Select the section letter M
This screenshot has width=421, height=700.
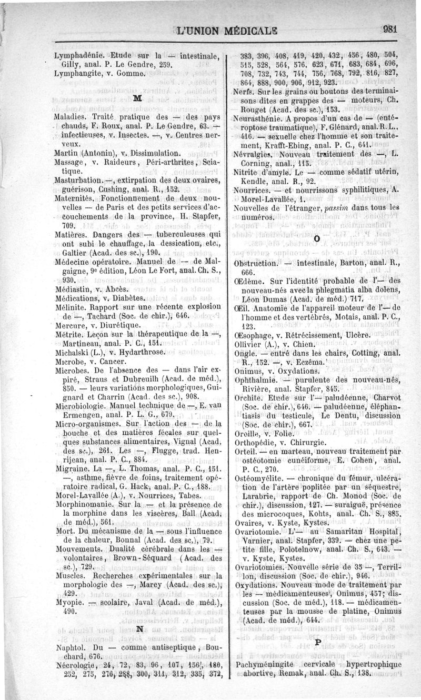(x=137, y=98)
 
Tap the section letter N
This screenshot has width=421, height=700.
(x=139, y=629)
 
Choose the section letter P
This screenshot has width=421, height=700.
(x=317, y=643)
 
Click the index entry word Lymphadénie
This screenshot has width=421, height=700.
(x=77, y=55)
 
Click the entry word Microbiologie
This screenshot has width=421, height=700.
(x=82, y=405)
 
